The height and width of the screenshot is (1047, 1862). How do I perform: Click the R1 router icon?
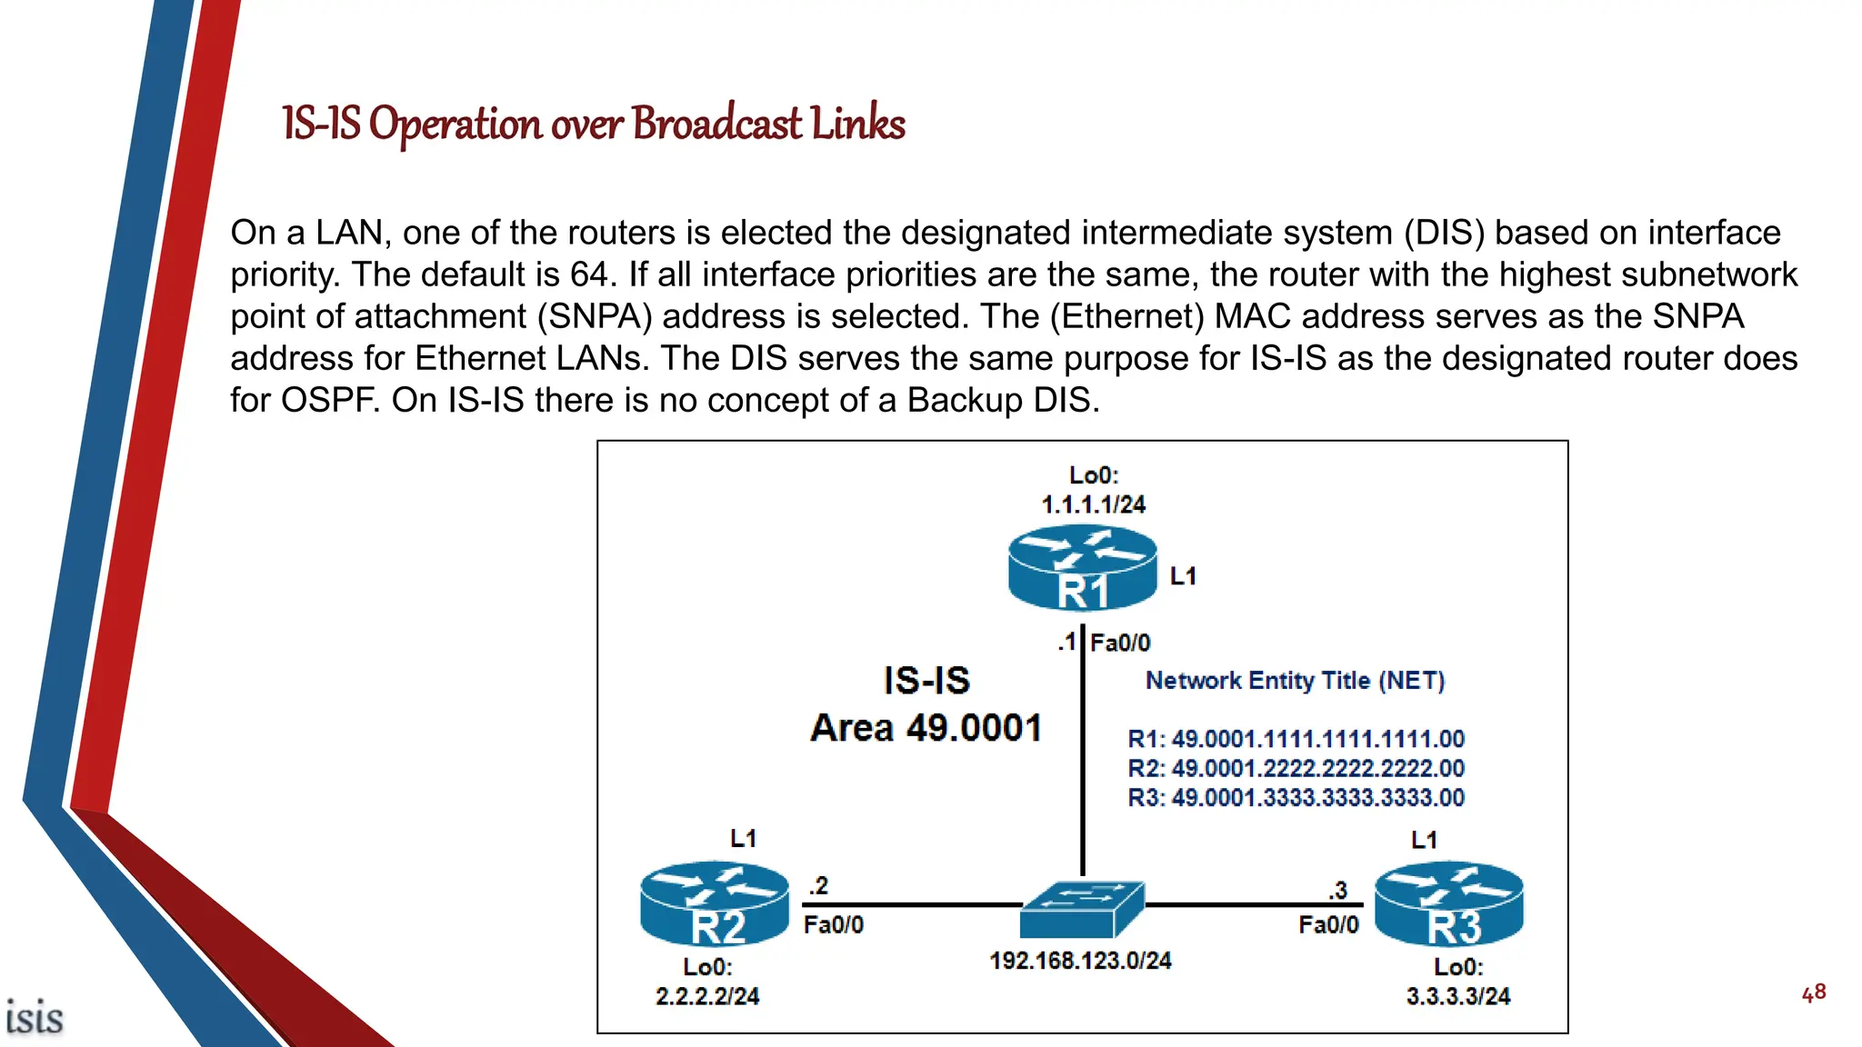tap(1082, 569)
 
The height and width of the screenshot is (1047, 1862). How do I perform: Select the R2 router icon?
tap(715, 904)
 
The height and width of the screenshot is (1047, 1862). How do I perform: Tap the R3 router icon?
tap(1449, 904)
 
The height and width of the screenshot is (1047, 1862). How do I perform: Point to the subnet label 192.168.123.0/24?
tap(1080, 961)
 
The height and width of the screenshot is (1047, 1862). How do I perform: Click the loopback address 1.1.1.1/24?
tap(1093, 504)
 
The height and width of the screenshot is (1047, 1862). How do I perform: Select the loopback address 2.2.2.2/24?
tap(707, 997)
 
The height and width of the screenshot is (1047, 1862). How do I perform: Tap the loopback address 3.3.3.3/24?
tap(1458, 997)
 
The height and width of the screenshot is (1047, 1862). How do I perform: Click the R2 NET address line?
tap(1296, 769)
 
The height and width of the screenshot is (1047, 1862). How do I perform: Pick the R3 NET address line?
tap(1296, 798)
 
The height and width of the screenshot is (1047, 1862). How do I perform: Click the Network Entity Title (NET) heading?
tap(1295, 681)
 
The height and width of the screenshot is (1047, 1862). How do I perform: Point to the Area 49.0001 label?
tap(926, 728)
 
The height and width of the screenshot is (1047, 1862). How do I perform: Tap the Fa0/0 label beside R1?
tap(1120, 643)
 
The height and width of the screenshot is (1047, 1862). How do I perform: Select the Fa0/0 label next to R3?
tap(1328, 925)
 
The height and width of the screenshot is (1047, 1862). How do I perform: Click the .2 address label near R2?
tap(818, 886)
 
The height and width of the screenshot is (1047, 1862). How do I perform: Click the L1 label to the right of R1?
tap(1183, 576)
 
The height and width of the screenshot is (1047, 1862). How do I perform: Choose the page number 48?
tap(1814, 993)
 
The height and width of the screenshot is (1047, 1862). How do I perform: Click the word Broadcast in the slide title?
tap(717, 125)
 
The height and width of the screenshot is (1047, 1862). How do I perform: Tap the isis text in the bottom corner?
tap(35, 1018)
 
